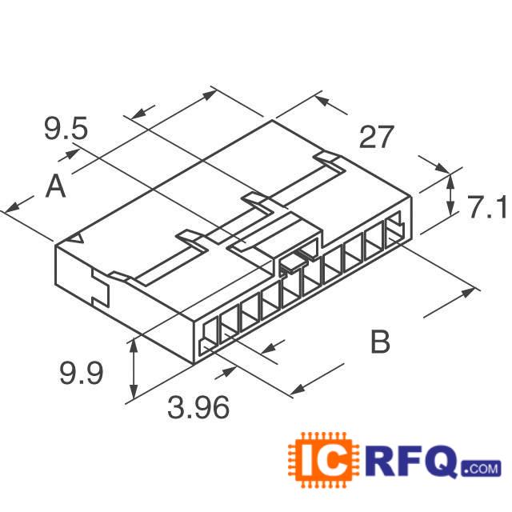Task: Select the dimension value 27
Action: (x=376, y=138)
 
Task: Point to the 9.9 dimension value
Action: (x=82, y=373)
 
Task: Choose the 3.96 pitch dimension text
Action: (x=198, y=409)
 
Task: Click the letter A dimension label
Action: (x=54, y=187)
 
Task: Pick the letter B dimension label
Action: (x=380, y=342)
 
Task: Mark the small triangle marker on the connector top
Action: (x=78, y=240)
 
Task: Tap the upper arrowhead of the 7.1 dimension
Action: (x=450, y=178)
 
